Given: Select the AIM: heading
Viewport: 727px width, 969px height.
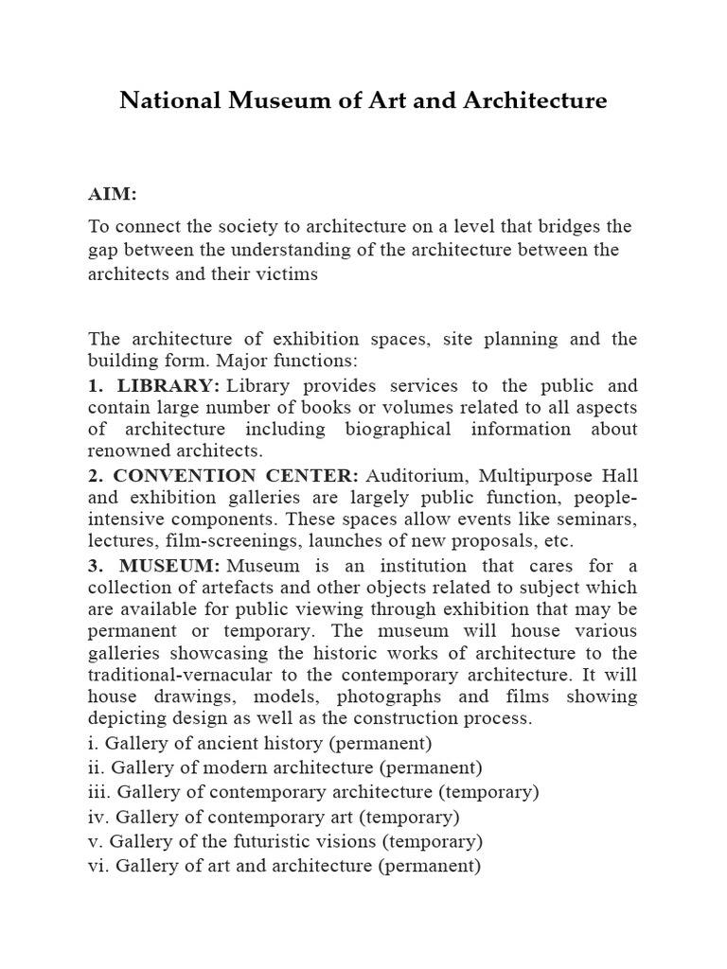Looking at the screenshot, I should (x=113, y=194).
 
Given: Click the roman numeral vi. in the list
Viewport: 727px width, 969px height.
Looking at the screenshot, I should (x=98, y=865).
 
